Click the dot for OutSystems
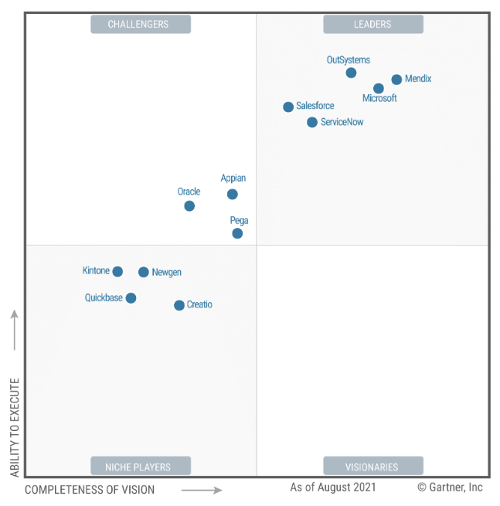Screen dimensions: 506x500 click(x=351, y=73)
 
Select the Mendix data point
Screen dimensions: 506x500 click(x=396, y=79)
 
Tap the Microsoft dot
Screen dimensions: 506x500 click(x=378, y=88)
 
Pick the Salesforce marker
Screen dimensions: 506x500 click(x=288, y=107)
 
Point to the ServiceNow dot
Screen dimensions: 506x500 click(x=312, y=122)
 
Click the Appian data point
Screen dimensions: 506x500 click(x=233, y=194)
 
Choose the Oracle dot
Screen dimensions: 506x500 click(x=189, y=205)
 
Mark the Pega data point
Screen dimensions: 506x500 click(x=237, y=233)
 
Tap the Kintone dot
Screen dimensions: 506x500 click(x=117, y=271)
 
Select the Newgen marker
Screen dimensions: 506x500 click(x=144, y=272)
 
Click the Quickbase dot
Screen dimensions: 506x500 click(x=131, y=298)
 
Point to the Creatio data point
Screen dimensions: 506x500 click(x=179, y=305)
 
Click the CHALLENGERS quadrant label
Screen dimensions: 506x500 click(x=141, y=24)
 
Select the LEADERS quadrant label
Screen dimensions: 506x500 click(x=372, y=24)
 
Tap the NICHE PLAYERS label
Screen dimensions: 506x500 click(x=141, y=467)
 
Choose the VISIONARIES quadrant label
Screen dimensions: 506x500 click(x=372, y=467)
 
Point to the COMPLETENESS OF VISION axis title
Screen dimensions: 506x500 click(x=90, y=490)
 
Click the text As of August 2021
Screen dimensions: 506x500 click(x=333, y=487)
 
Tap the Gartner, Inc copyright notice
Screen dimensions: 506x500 click(x=450, y=487)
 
